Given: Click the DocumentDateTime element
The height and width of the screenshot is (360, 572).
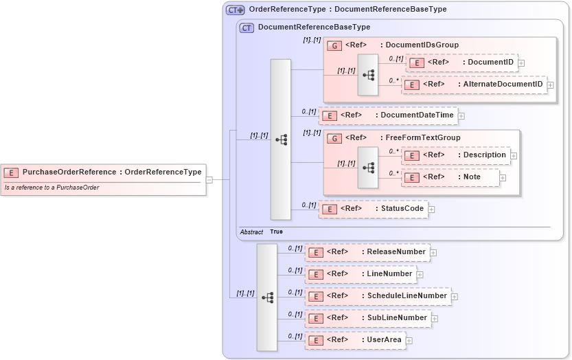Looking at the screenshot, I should (388, 115).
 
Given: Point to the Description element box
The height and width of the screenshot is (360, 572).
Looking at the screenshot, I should (456, 155).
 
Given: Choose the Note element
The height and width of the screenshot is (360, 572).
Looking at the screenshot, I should (450, 177).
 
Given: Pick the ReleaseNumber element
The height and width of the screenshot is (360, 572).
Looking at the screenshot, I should (367, 252).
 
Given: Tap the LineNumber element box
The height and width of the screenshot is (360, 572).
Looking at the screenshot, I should (361, 274).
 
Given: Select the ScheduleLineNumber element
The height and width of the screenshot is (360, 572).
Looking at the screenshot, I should (378, 296).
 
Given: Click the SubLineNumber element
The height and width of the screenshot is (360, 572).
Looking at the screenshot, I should (368, 318).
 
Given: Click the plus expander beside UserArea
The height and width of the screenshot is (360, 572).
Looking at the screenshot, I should (409, 340).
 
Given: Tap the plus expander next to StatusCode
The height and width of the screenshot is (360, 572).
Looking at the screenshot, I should (431, 209).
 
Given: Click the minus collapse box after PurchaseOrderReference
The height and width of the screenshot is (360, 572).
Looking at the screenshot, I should (209, 181).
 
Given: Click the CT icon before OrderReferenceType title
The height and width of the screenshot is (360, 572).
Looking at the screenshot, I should (236, 10).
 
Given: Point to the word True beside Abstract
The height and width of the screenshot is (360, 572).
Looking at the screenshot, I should (276, 232).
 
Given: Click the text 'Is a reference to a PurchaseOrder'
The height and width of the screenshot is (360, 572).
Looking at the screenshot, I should (52, 188).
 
